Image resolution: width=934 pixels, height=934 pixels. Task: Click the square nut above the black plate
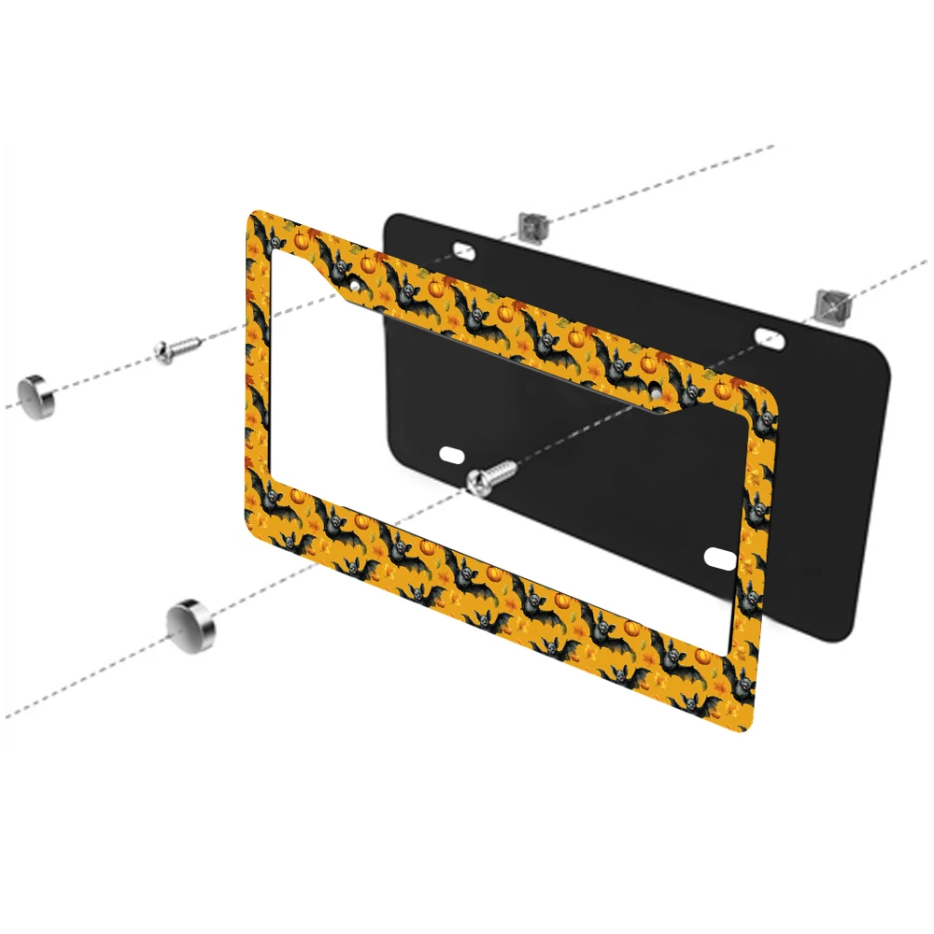(x=531, y=225)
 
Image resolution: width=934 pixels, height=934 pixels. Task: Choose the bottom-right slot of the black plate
(x=723, y=558)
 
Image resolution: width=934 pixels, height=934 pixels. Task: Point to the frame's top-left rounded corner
(x=254, y=216)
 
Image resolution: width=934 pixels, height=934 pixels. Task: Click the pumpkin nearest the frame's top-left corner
(x=303, y=239)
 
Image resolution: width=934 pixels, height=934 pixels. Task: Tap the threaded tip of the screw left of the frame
(x=197, y=344)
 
